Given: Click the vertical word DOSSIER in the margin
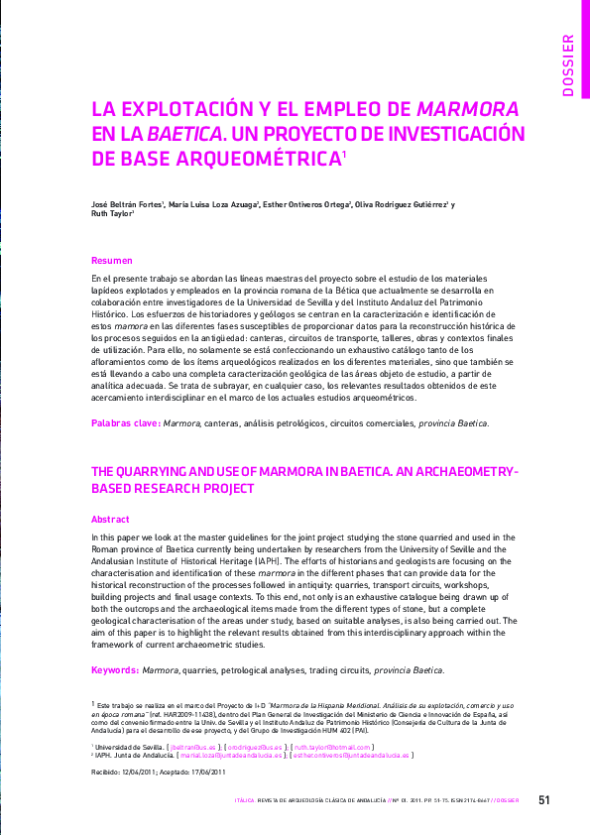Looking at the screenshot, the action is pos(567,64).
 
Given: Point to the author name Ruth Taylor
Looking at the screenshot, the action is pos(110,215).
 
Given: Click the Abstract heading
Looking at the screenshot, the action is pos(110,519).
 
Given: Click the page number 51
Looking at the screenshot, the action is pos(544,799).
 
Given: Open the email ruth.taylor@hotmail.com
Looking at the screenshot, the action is pos(331,747).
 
